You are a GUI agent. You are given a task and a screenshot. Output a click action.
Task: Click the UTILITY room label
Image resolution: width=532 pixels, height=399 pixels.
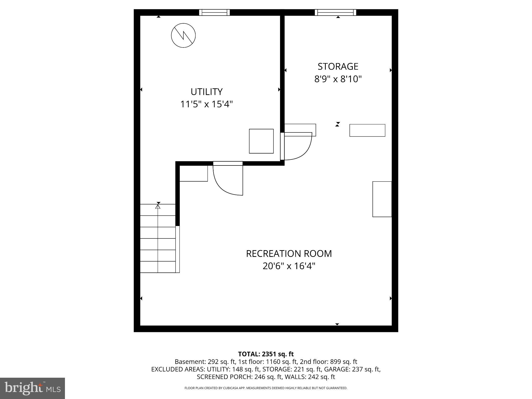pos(207,92)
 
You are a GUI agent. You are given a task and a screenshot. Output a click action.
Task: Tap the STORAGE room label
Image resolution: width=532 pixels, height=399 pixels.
pos(338,66)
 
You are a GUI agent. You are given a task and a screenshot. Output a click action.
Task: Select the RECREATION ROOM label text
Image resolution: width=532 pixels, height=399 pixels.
pos(289,254)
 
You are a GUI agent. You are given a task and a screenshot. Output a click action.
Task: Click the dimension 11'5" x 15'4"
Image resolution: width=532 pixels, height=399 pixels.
pos(207,104)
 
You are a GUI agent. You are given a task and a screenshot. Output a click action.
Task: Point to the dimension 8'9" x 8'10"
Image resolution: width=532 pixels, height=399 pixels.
pos(338,79)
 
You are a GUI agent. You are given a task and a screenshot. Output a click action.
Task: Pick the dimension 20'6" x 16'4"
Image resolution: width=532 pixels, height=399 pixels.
pos(289,266)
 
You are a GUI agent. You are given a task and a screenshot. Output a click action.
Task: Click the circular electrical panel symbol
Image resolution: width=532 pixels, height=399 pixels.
pos(183,35)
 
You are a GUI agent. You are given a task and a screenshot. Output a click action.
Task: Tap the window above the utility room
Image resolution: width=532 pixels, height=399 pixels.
pos(214,12)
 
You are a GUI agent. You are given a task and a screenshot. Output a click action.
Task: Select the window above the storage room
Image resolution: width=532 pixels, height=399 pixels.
pos(335,12)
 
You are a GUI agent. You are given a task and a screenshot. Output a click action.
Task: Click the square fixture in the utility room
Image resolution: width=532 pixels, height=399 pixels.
pos(261,141)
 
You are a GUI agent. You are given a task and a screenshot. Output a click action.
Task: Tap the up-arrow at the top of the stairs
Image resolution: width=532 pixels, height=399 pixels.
pos(158,207)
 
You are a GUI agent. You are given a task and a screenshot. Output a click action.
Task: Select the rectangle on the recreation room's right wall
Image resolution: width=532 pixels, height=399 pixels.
pos(382,199)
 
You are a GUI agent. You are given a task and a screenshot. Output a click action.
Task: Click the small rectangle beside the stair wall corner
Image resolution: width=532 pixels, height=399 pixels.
pos(194,173)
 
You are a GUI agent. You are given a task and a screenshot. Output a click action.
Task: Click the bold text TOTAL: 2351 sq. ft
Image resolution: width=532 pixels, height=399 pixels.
pos(266,354)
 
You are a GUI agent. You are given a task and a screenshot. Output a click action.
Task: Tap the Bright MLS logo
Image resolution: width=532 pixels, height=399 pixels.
pos(32,388)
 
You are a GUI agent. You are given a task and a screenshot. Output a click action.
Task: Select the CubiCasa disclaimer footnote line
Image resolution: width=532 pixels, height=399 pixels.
pos(266,388)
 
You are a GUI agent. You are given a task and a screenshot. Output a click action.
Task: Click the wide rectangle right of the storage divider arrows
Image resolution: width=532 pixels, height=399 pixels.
pos(367,130)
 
